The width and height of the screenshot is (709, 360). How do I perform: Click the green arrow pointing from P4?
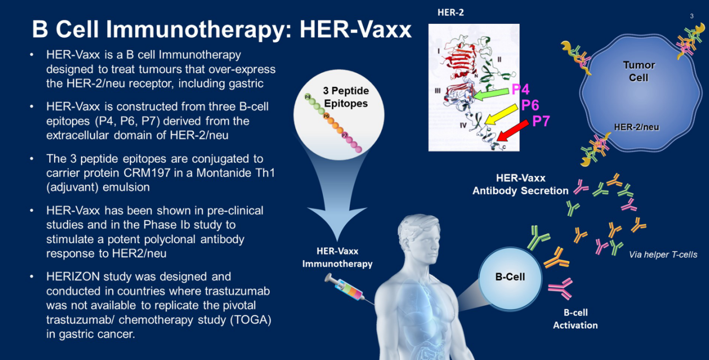(x=491, y=94)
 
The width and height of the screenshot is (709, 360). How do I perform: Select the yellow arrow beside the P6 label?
(x=501, y=114)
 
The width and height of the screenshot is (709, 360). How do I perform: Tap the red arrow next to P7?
(x=513, y=130)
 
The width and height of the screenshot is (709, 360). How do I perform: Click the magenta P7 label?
(x=541, y=121)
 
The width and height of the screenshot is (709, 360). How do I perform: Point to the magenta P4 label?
(x=521, y=89)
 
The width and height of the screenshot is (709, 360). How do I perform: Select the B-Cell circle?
(x=510, y=278)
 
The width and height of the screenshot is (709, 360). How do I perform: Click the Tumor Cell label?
(x=639, y=71)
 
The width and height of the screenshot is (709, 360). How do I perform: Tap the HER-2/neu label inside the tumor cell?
(x=636, y=127)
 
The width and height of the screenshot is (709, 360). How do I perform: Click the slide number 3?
(x=692, y=16)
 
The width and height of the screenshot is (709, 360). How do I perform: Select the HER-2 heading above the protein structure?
(x=451, y=12)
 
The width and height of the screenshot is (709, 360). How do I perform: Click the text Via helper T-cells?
(x=663, y=255)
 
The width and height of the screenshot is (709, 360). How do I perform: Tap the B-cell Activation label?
(x=575, y=319)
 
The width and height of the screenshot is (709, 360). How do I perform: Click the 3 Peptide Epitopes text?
(x=346, y=97)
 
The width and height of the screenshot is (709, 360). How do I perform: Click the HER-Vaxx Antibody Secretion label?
(x=521, y=184)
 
